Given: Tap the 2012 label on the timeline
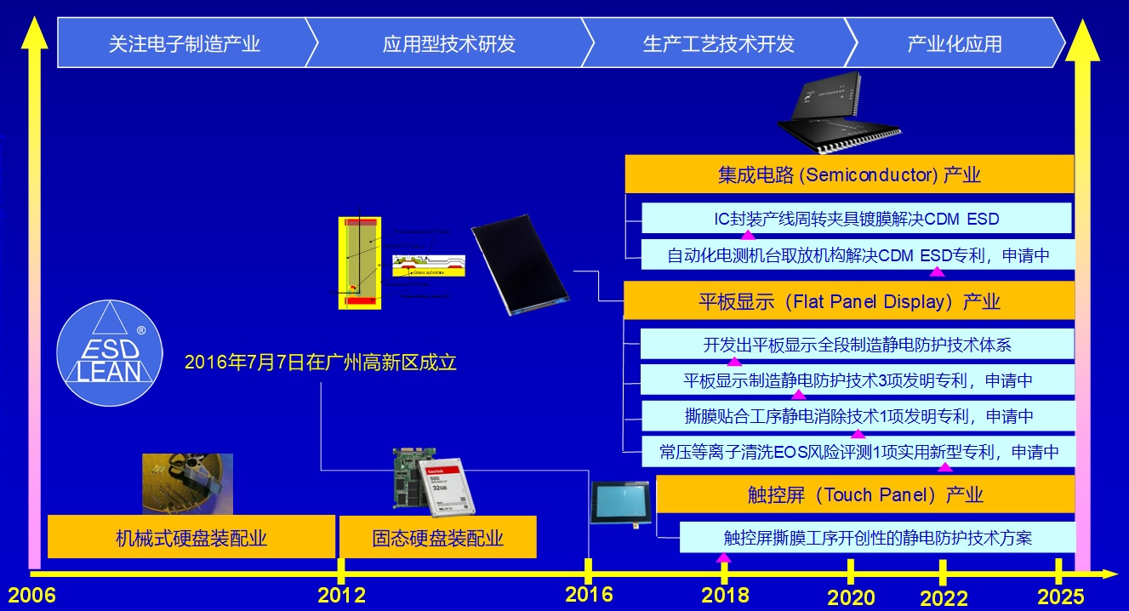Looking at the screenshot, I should coord(341,594).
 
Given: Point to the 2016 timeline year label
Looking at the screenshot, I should coord(589,593).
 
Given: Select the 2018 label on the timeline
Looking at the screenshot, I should coord(725,594).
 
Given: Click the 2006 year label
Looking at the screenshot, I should coord(31,594).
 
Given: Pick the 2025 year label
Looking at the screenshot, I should coord(1060,595).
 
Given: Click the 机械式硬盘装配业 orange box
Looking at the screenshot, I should coord(191,537).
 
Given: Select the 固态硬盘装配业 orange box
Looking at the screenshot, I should coord(437,537).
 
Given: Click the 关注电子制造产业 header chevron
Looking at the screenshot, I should coord(184,43).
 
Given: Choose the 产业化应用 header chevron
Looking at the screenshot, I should coord(954,43).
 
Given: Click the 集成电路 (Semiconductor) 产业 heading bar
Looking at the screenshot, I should coord(848,175).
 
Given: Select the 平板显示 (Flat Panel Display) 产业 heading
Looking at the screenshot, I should coord(848,301).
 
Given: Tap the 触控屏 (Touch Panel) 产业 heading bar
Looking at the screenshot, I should coord(864,494).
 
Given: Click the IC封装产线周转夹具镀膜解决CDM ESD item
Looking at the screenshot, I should coord(856,219).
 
